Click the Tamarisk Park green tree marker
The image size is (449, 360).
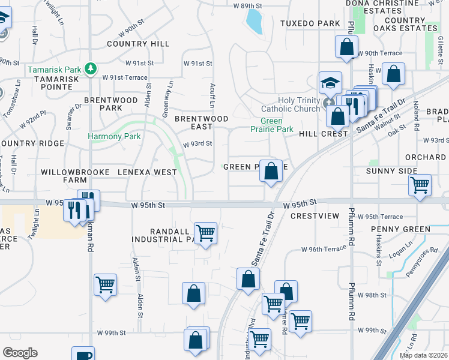(x=91, y=68)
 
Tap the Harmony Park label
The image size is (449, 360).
(x=114, y=136)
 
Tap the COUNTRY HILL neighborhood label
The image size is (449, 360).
(x=138, y=44)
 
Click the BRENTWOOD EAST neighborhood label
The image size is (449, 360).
(x=202, y=122)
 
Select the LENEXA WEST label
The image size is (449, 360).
(x=147, y=172)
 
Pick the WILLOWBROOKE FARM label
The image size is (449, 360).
(x=75, y=176)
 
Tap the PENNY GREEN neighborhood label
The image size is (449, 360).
(x=400, y=229)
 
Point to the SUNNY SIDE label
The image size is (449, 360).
(x=391, y=171)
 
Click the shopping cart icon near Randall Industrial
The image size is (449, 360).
(x=205, y=232)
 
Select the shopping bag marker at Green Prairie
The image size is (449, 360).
(x=271, y=171)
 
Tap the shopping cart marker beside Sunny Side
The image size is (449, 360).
(x=420, y=184)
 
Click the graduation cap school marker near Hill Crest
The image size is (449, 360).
(x=330, y=82)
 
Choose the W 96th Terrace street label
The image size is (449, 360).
(x=325, y=249)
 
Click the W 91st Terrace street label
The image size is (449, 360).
(x=124, y=77)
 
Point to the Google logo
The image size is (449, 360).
(x=20, y=353)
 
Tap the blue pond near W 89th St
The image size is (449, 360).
(x=255, y=22)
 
